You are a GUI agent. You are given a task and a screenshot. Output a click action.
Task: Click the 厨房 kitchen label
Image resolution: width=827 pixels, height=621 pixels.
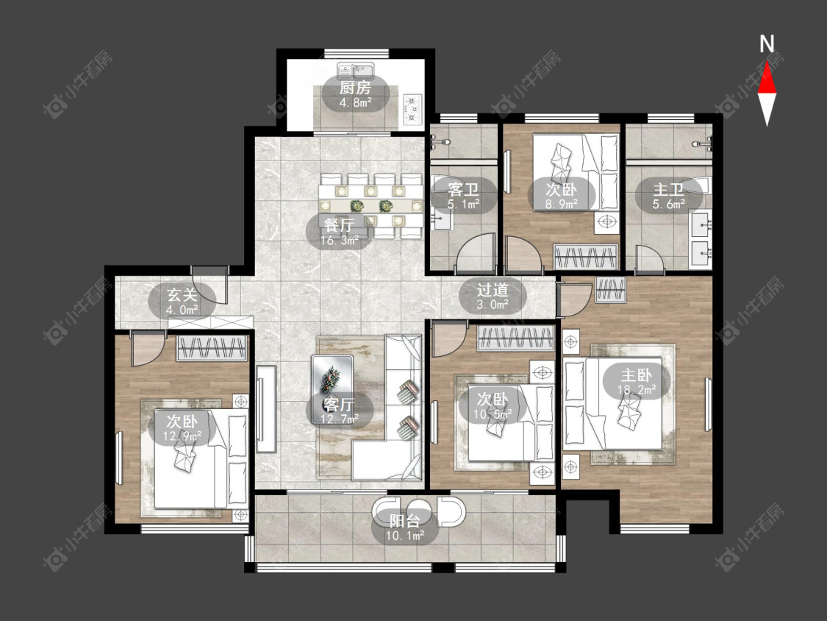click(x=355, y=88)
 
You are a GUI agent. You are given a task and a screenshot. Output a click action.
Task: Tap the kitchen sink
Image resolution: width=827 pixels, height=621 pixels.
click(x=356, y=71)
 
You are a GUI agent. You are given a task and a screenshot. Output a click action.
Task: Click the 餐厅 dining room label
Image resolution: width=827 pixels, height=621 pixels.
click(x=339, y=225)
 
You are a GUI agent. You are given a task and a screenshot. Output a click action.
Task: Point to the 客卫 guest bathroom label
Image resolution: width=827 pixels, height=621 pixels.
click(x=463, y=189)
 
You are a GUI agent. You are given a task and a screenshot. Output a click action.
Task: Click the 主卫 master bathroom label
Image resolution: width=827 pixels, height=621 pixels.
click(x=668, y=189)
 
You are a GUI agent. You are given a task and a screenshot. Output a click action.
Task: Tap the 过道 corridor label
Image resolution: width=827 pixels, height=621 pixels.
click(x=493, y=289)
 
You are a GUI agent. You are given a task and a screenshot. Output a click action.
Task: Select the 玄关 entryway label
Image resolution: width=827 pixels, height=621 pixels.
click(x=182, y=294)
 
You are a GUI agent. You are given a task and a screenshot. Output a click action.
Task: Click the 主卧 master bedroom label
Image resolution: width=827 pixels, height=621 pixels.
click(x=636, y=375)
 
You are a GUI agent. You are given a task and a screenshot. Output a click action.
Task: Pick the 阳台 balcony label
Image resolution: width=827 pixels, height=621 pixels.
click(x=405, y=521)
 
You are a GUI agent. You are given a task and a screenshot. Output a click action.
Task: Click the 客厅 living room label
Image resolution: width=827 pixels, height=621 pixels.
click(x=339, y=404)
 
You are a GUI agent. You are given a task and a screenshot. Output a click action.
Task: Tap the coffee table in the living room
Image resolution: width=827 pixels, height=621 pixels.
click(x=332, y=375)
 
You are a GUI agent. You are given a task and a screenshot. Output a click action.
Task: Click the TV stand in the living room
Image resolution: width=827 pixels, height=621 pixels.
click(x=266, y=408)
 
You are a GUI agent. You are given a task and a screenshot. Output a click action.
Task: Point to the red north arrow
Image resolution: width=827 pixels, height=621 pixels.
click(x=767, y=77)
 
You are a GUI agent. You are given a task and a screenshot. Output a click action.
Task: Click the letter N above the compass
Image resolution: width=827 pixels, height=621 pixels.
click(x=767, y=44)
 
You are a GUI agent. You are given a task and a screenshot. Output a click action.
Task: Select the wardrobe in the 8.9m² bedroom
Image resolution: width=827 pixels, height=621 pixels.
click(x=586, y=258)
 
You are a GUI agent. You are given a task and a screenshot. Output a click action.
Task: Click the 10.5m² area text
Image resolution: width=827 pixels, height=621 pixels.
click(x=493, y=414)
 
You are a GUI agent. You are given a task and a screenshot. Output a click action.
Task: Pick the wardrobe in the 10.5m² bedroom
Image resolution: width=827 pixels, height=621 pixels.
click(x=516, y=338)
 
